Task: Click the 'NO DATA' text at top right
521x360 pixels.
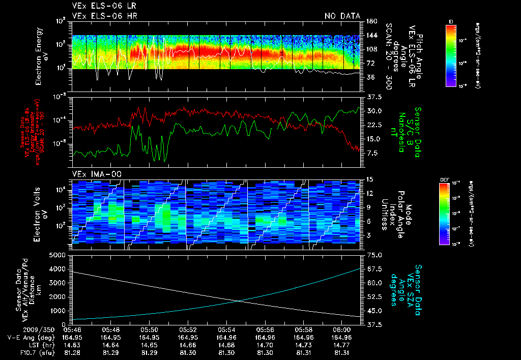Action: coord(342,16)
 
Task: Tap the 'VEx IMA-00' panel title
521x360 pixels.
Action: coord(92,174)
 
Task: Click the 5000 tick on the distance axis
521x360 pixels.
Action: coord(60,255)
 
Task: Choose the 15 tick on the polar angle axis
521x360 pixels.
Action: coord(369,179)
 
